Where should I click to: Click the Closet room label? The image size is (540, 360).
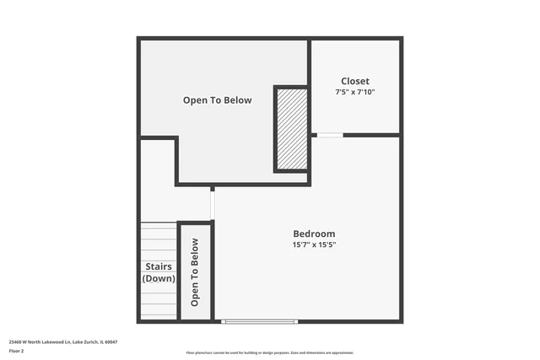(354, 82)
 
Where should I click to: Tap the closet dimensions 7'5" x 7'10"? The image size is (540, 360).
(354, 92)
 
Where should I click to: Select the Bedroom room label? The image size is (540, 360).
(314, 234)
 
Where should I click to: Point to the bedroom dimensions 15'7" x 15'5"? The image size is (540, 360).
(314, 244)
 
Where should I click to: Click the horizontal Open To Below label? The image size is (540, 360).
(217, 100)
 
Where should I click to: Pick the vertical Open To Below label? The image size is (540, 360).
(195, 271)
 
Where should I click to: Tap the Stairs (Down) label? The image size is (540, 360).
(158, 272)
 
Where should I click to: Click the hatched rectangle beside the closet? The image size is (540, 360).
(291, 128)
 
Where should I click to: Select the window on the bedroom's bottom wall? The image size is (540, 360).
(259, 321)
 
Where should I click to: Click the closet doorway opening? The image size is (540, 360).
(330, 135)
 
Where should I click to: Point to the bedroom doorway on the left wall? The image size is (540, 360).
(213, 202)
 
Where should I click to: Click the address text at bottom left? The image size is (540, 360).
(62, 341)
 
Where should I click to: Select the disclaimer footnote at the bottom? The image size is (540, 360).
(269, 353)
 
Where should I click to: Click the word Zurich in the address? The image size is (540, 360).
(85, 341)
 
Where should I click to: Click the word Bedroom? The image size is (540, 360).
(314, 234)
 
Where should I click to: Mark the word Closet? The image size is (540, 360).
(354, 82)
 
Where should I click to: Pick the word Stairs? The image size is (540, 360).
(158, 266)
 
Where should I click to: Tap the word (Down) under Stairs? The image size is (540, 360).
(158, 278)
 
